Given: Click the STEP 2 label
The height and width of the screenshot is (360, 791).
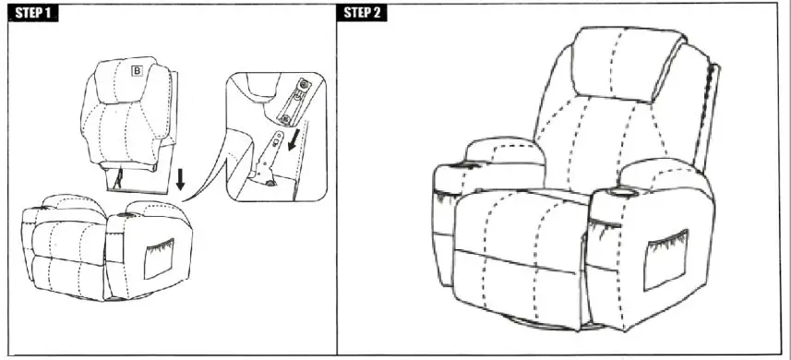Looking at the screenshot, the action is click(x=364, y=12).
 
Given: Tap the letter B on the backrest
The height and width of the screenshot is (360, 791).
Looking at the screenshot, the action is click(x=137, y=69).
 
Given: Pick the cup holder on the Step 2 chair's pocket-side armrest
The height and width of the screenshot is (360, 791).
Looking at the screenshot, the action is click(x=617, y=193).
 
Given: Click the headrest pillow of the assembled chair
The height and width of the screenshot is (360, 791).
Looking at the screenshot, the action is click(x=628, y=66).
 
